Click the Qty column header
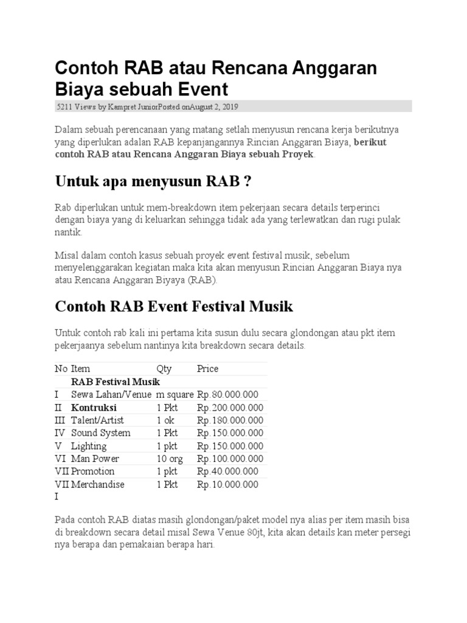pyautogui.click(x=164, y=369)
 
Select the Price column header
pyautogui.click(x=207, y=369)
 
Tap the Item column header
pyautogui.click(x=80, y=369)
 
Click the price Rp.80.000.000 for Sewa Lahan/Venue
pyautogui.click(x=227, y=394)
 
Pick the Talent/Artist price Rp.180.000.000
pyautogui.click(x=230, y=420)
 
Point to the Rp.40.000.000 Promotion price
pyautogui.click(x=227, y=472)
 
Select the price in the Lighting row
pyautogui.click(x=230, y=446)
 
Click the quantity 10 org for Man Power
pyautogui.click(x=170, y=459)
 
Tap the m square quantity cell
pyautogui.click(x=175, y=394)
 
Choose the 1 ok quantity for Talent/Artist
pyautogui.click(x=165, y=420)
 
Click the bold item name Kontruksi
pyautogui.click(x=94, y=408)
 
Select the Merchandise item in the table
pyautogui.click(x=97, y=484)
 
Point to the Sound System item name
pyautogui.click(x=100, y=433)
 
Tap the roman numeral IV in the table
pyautogui.click(x=60, y=433)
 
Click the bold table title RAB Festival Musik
pyautogui.click(x=116, y=381)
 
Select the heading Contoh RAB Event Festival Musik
pyautogui.click(x=174, y=306)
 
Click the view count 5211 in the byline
pyautogui.click(x=64, y=106)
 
